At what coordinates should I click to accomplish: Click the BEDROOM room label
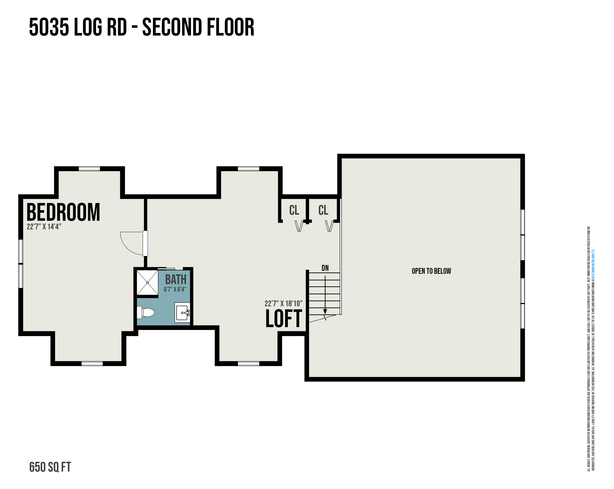coord(63,212)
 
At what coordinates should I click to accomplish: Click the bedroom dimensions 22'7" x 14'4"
coord(44,227)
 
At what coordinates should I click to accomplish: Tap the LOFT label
coord(284,319)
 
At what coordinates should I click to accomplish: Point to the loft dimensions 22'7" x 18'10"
coord(283,304)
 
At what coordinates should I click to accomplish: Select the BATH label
coord(176,280)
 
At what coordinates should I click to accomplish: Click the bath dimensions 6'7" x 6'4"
coord(175,290)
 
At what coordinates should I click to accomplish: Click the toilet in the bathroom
coord(146,313)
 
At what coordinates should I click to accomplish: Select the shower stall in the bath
coord(147,282)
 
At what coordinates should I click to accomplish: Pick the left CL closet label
coord(294,210)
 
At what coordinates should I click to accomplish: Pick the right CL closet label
coord(323,210)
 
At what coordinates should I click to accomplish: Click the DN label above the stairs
coord(325,268)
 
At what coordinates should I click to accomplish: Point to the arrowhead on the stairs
coord(325,312)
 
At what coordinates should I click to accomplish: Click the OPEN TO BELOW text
coord(431,271)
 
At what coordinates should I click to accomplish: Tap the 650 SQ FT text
coord(50,467)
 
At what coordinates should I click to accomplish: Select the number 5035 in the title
coord(49,27)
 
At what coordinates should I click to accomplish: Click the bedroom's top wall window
coord(89,169)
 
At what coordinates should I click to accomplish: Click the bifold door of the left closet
coord(299,226)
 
